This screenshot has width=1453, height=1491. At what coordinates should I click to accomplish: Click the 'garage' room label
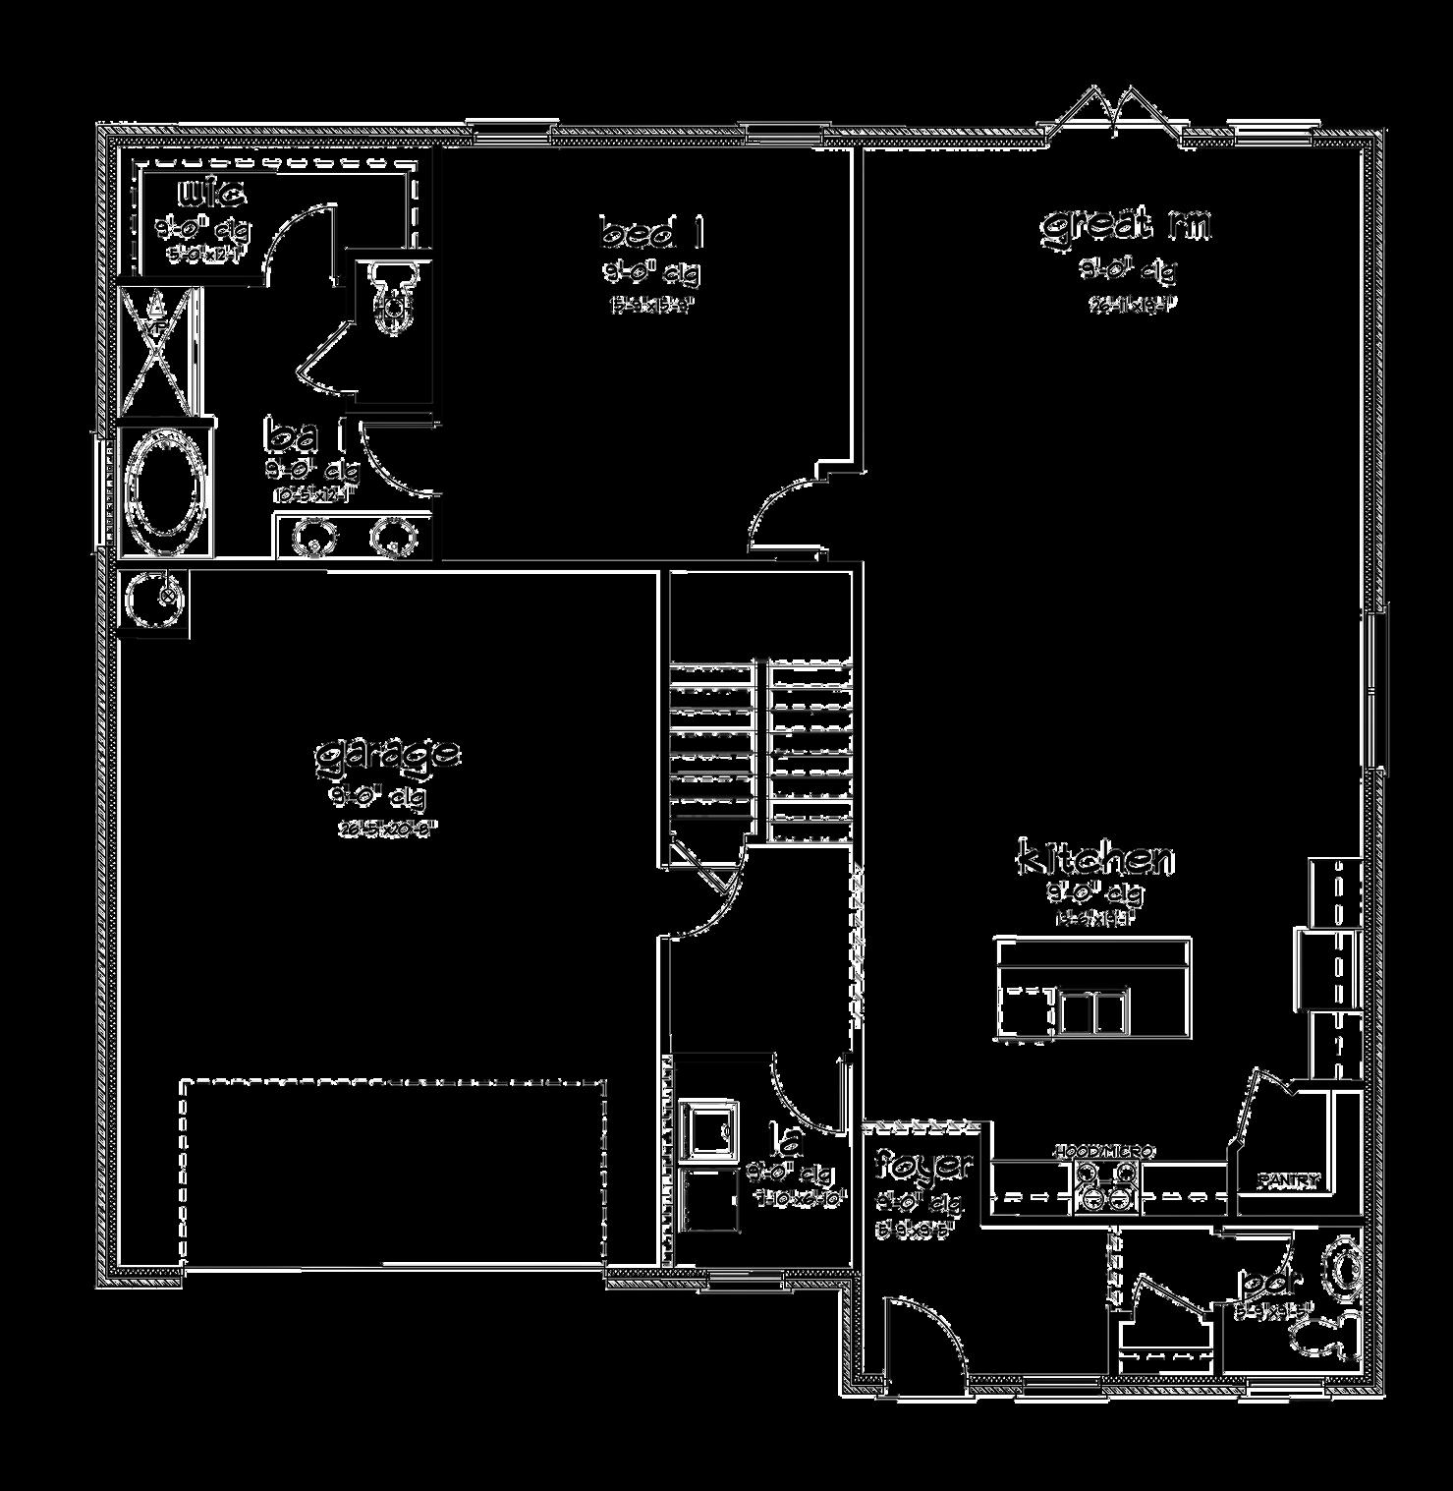click(x=387, y=755)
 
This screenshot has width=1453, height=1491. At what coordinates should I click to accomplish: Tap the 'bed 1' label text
click(x=651, y=234)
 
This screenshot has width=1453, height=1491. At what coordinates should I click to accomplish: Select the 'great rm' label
click(x=1126, y=225)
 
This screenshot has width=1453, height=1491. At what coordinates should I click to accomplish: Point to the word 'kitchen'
click(x=1094, y=858)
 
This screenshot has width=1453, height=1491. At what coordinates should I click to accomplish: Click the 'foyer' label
click(x=924, y=1166)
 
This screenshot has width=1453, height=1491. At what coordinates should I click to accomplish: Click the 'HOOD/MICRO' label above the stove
click(x=1104, y=1151)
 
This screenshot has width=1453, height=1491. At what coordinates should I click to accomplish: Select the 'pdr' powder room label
click(x=1271, y=1282)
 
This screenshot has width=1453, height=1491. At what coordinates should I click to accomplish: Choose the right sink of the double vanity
click(x=387, y=537)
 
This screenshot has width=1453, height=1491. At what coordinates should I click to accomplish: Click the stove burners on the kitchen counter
click(x=1106, y=1184)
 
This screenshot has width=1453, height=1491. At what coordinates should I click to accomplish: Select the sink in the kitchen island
click(x=1091, y=1011)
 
